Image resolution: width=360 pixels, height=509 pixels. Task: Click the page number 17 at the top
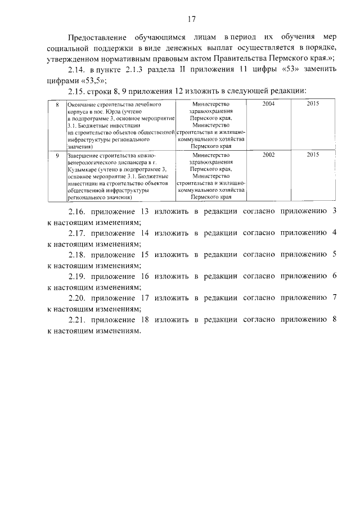click(x=191, y=19)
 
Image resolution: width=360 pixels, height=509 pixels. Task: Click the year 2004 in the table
click(x=268, y=105)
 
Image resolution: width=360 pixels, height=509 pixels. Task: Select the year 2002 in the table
click(x=268, y=154)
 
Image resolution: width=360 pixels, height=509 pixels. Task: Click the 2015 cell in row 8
click(x=313, y=105)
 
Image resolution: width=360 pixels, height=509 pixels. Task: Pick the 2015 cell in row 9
click(x=313, y=154)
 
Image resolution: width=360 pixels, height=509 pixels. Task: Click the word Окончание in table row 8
click(x=82, y=105)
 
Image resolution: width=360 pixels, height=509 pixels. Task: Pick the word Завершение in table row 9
click(x=84, y=154)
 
